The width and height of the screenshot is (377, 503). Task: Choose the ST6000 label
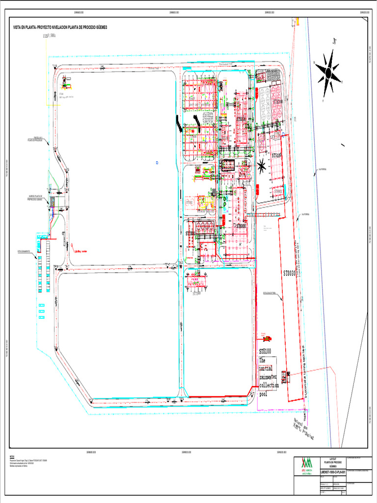241,226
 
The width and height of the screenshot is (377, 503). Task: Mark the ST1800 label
190,233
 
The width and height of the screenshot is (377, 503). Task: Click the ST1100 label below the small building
197,294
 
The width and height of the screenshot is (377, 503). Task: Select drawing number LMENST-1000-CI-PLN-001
333,472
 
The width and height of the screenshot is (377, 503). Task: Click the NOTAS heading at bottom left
12,456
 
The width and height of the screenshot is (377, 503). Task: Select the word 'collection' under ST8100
269,386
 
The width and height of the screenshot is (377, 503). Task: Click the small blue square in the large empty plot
157,162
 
